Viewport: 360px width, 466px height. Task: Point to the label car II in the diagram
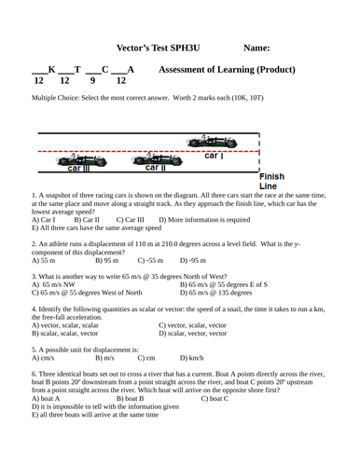[79, 169]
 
